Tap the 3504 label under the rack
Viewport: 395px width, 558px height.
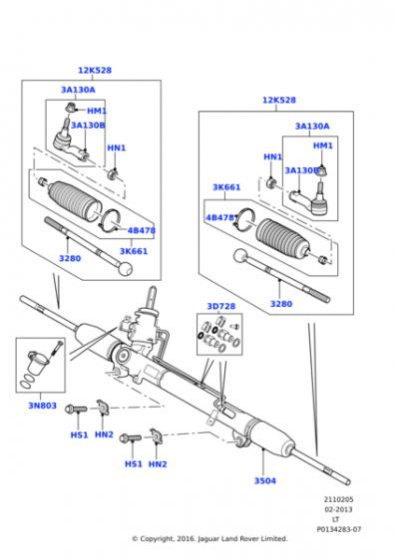264,480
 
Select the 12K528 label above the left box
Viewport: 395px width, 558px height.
96,70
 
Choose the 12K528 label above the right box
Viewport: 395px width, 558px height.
279,100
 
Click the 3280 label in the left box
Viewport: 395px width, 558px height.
69,258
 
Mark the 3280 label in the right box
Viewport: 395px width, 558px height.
282,303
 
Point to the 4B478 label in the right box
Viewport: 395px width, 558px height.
219,217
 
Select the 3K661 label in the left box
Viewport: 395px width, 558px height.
134,250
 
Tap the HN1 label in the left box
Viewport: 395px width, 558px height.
116,147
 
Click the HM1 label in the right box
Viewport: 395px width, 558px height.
323,145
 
